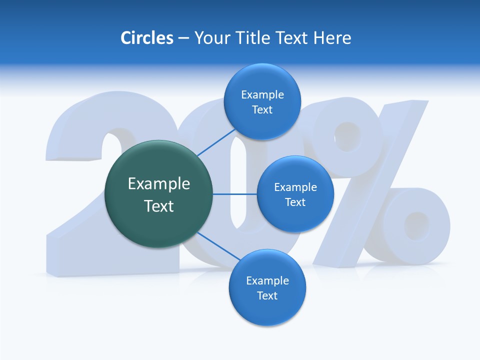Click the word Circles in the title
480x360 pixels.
146,38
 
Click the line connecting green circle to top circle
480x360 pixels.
216,142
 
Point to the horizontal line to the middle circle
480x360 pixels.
235,194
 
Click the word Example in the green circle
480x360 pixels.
159,184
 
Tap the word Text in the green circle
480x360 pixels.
159,206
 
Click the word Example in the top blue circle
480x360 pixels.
262,95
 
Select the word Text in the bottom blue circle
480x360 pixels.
267,295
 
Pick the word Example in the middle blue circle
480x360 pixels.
295,187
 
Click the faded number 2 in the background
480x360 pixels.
75,235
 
